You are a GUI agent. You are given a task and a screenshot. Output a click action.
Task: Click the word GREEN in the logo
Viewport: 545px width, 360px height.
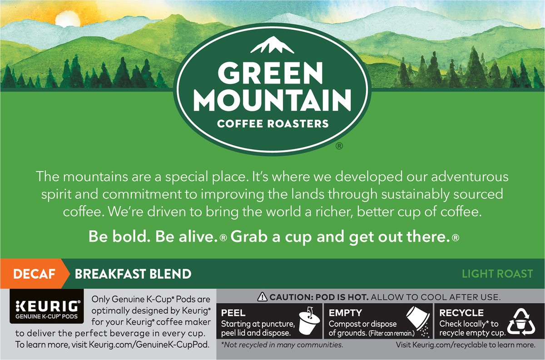click(272, 73)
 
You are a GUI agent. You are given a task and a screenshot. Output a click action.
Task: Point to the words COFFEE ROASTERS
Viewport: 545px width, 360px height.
click(272, 123)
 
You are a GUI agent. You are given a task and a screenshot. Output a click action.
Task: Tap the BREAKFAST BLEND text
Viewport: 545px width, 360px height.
click(133, 274)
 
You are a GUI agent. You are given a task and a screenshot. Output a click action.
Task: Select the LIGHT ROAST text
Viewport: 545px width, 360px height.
click(497, 274)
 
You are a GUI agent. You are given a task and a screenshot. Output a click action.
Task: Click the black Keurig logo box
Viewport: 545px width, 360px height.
click(46, 306)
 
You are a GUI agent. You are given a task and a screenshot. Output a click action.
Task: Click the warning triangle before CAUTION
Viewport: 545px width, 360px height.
click(262, 298)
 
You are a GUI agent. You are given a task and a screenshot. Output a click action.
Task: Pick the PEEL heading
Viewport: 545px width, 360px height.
click(233, 312)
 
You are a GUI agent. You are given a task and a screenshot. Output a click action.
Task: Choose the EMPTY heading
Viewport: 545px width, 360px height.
click(345, 312)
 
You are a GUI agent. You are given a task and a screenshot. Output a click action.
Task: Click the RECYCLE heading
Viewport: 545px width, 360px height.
click(461, 312)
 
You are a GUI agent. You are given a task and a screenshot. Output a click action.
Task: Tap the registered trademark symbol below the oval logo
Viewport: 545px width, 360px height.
click(339, 146)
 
